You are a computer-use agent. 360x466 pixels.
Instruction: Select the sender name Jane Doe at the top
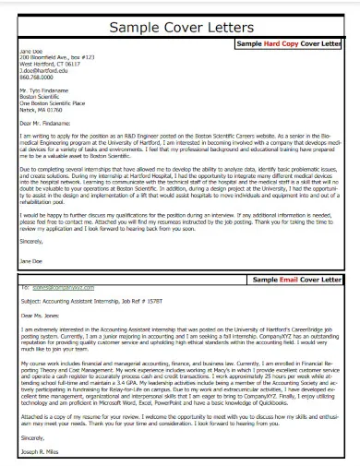pos(31,51)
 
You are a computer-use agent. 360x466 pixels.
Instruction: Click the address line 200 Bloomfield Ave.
pos(56,58)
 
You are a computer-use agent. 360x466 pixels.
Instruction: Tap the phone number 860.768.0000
pos(37,78)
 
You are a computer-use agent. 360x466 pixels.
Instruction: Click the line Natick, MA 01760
pos(42,111)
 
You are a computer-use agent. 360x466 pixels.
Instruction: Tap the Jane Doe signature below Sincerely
pos(30,261)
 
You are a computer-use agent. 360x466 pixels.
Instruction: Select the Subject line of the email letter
pos(90,300)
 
